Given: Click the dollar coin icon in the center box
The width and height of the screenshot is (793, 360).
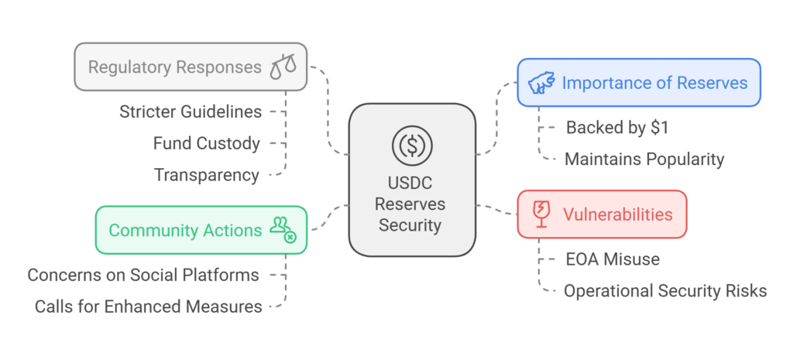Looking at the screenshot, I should [411, 144].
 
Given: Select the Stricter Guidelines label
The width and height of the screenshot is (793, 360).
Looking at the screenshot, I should [191, 111].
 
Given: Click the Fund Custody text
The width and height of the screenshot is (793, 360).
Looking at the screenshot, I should [206, 143].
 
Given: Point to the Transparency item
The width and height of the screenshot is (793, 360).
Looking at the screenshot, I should [206, 175].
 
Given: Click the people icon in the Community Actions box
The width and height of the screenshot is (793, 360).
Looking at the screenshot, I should [282, 228].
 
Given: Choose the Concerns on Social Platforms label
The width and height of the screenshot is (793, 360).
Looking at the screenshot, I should [144, 275].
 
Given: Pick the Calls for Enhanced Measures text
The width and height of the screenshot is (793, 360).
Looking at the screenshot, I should [149, 307].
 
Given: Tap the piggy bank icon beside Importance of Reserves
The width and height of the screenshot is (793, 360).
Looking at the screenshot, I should [540, 83].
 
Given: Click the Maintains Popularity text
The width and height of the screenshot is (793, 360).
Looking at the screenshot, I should [644, 159].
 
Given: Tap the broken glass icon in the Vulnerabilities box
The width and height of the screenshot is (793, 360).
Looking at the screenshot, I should [540, 213].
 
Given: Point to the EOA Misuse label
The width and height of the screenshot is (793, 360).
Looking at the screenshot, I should [612, 259].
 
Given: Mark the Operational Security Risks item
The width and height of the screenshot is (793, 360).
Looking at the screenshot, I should [665, 291].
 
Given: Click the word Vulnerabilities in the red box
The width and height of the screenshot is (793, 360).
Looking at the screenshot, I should [617, 214].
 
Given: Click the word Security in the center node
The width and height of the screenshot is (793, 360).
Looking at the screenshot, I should [411, 225].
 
